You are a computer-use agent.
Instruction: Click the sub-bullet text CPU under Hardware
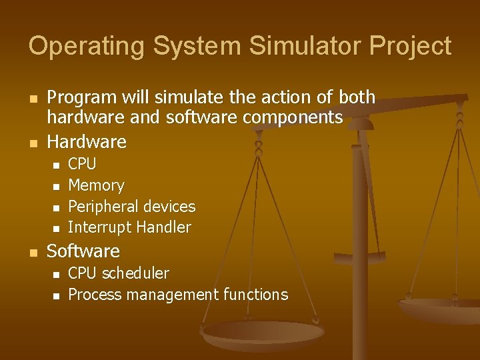pyautogui.click(x=82, y=164)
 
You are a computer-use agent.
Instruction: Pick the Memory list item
pyautogui.click(x=96, y=185)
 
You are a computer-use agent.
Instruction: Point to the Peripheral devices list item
pyautogui.click(x=131, y=207)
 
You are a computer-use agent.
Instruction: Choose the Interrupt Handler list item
pyautogui.click(x=129, y=228)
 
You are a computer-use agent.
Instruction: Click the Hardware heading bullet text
pyautogui.click(x=86, y=141)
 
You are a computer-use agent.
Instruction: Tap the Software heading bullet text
pyautogui.click(x=83, y=251)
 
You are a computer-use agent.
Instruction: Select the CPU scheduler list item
pyautogui.click(x=119, y=273)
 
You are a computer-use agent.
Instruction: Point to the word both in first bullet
pyautogui.click(x=357, y=97)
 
